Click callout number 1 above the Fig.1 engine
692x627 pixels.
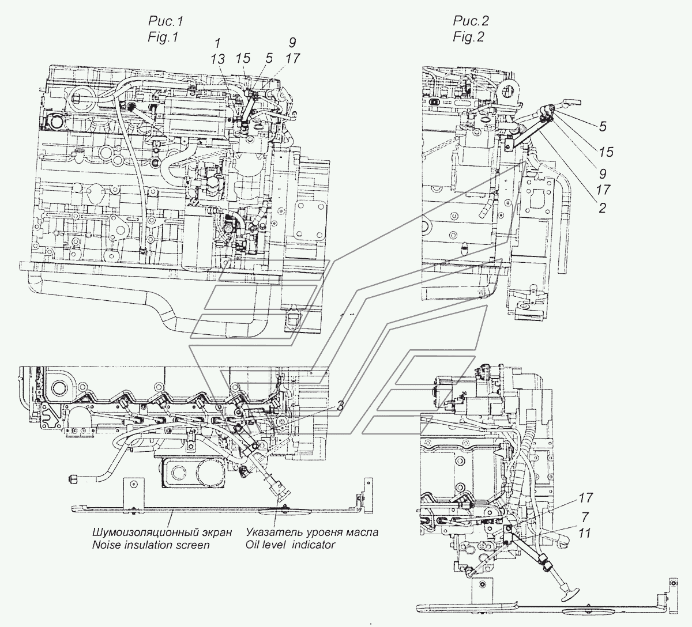coord(217,43)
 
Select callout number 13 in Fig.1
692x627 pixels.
coord(217,59)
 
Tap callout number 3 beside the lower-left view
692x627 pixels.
coord(340,406)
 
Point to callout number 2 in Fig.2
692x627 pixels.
coord(602,208)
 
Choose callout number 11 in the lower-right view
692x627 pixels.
coord(584,533)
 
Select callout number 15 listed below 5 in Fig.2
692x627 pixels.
coord(606,152)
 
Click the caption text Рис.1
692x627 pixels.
coord(166,21)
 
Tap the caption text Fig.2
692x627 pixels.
coord(468,36)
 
